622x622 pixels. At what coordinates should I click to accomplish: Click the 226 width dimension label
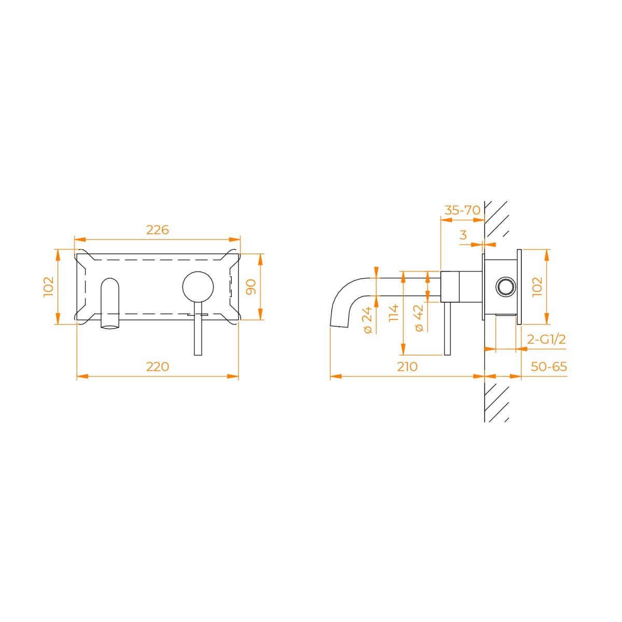pos(158,230)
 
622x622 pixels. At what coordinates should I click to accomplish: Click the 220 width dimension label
pos(158,366)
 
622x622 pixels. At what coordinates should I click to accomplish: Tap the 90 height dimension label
pos(251,287)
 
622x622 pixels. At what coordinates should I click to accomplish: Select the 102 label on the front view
pos(49,287)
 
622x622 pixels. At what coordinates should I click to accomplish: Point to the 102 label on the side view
pos(538,287)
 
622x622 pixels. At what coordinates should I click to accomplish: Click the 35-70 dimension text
pos(462,210)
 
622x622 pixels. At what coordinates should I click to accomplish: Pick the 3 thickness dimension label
pos(463,235)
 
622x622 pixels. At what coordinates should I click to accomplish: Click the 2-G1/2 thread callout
pos(546,339)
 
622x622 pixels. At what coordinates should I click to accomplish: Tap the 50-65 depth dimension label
pos(549,366)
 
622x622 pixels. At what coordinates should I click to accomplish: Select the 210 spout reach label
pos(407,366)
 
